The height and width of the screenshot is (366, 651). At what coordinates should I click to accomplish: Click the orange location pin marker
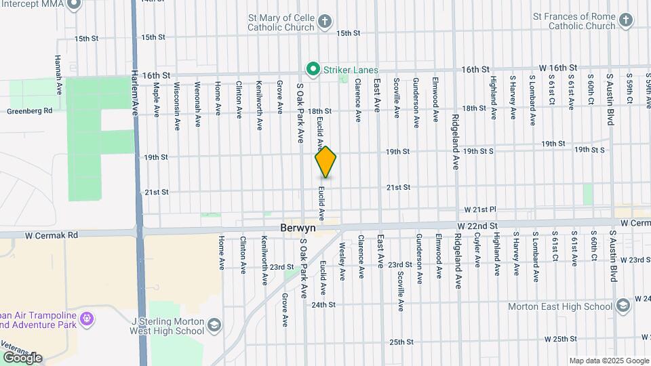pyautogui.click(x=325, y=162)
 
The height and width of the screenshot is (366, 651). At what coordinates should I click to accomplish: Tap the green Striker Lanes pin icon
pyautogui.click(x=313, y=69)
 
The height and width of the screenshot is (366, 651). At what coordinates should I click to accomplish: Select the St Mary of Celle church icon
pyautogui.click(x=325, y=22)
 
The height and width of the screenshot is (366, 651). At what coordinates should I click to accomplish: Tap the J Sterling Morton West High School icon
pyautogui.click(x=214, y=325)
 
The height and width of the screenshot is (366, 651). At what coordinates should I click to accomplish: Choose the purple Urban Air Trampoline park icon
pyautogui.click(x=86, y=319)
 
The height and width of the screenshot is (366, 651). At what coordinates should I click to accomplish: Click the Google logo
pyautogui.click(x=22, y=358)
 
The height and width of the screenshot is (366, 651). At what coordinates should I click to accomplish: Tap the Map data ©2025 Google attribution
pyautogui.click(x=609, y=361)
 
